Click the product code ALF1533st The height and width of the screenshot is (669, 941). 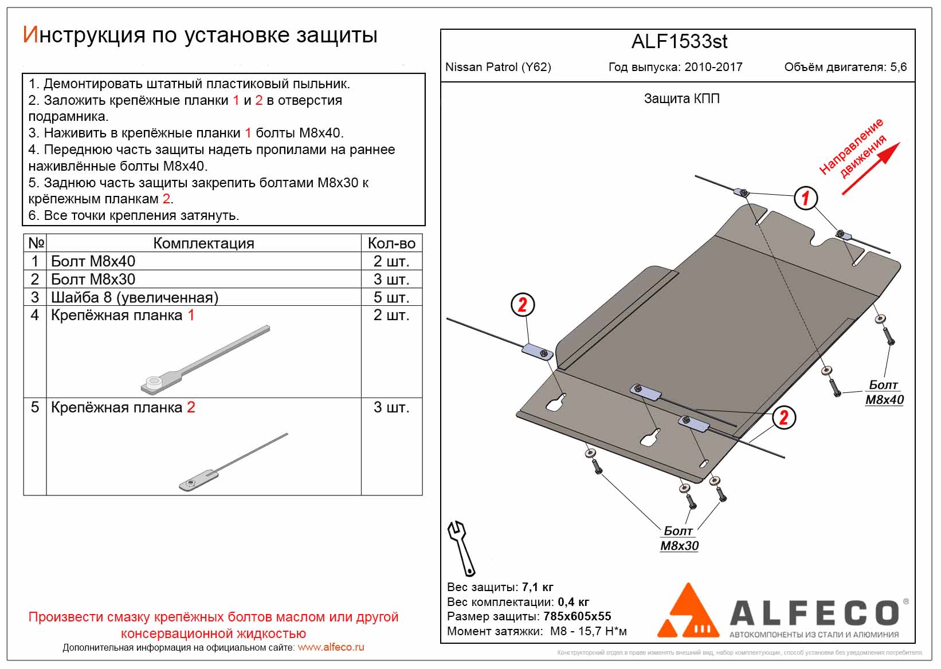(679, 42)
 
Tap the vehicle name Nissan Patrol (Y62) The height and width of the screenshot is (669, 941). (498, 67)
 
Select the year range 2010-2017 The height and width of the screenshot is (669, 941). (713, 67)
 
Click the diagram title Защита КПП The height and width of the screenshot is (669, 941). (681, 99)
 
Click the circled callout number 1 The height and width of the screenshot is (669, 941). (806, 198)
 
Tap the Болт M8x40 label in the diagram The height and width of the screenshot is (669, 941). (884, 392)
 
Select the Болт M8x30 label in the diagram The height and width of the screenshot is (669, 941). (679, 538)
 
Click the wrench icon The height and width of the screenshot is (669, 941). (461, 548)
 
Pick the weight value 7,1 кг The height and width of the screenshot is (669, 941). (538, 587)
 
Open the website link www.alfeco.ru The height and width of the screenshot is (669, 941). (331, 647)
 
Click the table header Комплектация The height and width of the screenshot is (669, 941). (203, 243)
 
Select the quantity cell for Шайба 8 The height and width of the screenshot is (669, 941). (391, 297)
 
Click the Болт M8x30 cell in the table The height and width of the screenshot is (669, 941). (93, 280)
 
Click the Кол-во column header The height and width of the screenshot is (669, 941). (391, 243)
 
